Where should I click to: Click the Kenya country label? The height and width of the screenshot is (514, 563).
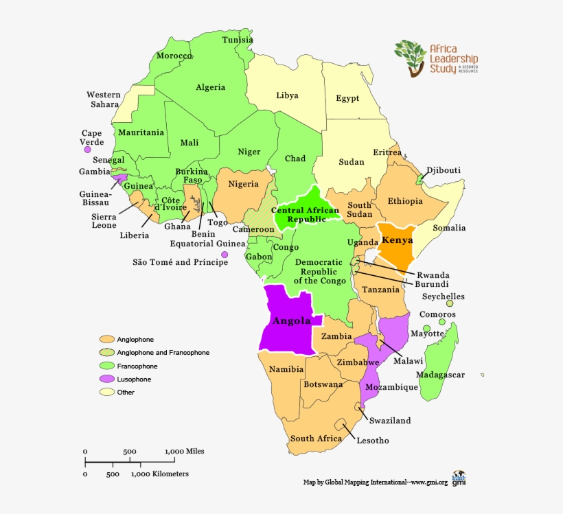click(x=398, y=241)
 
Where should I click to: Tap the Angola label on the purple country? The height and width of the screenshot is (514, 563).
click(x=292, y=321)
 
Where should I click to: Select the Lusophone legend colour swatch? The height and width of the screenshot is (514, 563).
click(x=106, y=379)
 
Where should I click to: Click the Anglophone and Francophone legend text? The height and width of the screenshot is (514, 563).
click(x=163, y=353)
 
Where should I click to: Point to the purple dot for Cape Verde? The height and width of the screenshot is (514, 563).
click(x=87, y=149)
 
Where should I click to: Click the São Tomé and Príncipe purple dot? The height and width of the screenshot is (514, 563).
click(x=225, y=255)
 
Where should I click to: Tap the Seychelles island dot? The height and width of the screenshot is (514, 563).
click(x=450, y=303)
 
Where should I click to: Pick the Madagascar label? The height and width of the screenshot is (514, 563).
click(x=440, y=375)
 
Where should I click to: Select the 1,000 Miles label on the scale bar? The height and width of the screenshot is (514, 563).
click(x=184, y=452)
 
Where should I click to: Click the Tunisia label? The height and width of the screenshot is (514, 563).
click(x=238, y=40)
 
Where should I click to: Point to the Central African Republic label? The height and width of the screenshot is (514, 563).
click(x=305, y=214)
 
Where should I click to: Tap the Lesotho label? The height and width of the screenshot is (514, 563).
click(x=373, y=441)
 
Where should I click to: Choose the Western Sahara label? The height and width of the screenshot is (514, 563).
click(x=104, y=100)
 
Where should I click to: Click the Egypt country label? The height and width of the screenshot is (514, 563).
click(x=347, y=99)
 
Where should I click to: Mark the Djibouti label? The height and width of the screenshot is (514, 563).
click(x=444, y=170)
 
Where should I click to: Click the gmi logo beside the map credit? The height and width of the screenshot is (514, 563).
click(x=459, y=478)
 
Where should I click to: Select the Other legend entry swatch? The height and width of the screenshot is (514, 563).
click(x=106, y=392)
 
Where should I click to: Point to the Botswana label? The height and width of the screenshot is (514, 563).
click(x=323, y=385)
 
